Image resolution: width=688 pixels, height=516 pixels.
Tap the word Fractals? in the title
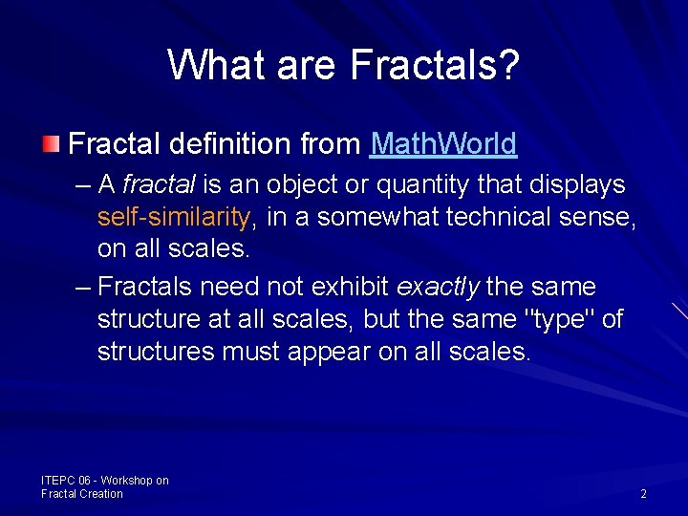pos(435,65)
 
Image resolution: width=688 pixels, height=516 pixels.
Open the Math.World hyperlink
pos(443,144)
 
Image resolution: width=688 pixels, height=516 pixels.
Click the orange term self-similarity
pos(173,217)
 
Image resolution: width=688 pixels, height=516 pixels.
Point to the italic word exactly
pos(438,287)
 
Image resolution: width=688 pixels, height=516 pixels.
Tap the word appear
pos(333,352)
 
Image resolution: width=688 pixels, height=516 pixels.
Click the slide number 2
pos(643,494)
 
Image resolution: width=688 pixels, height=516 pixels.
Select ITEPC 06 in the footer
pos(65,481)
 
